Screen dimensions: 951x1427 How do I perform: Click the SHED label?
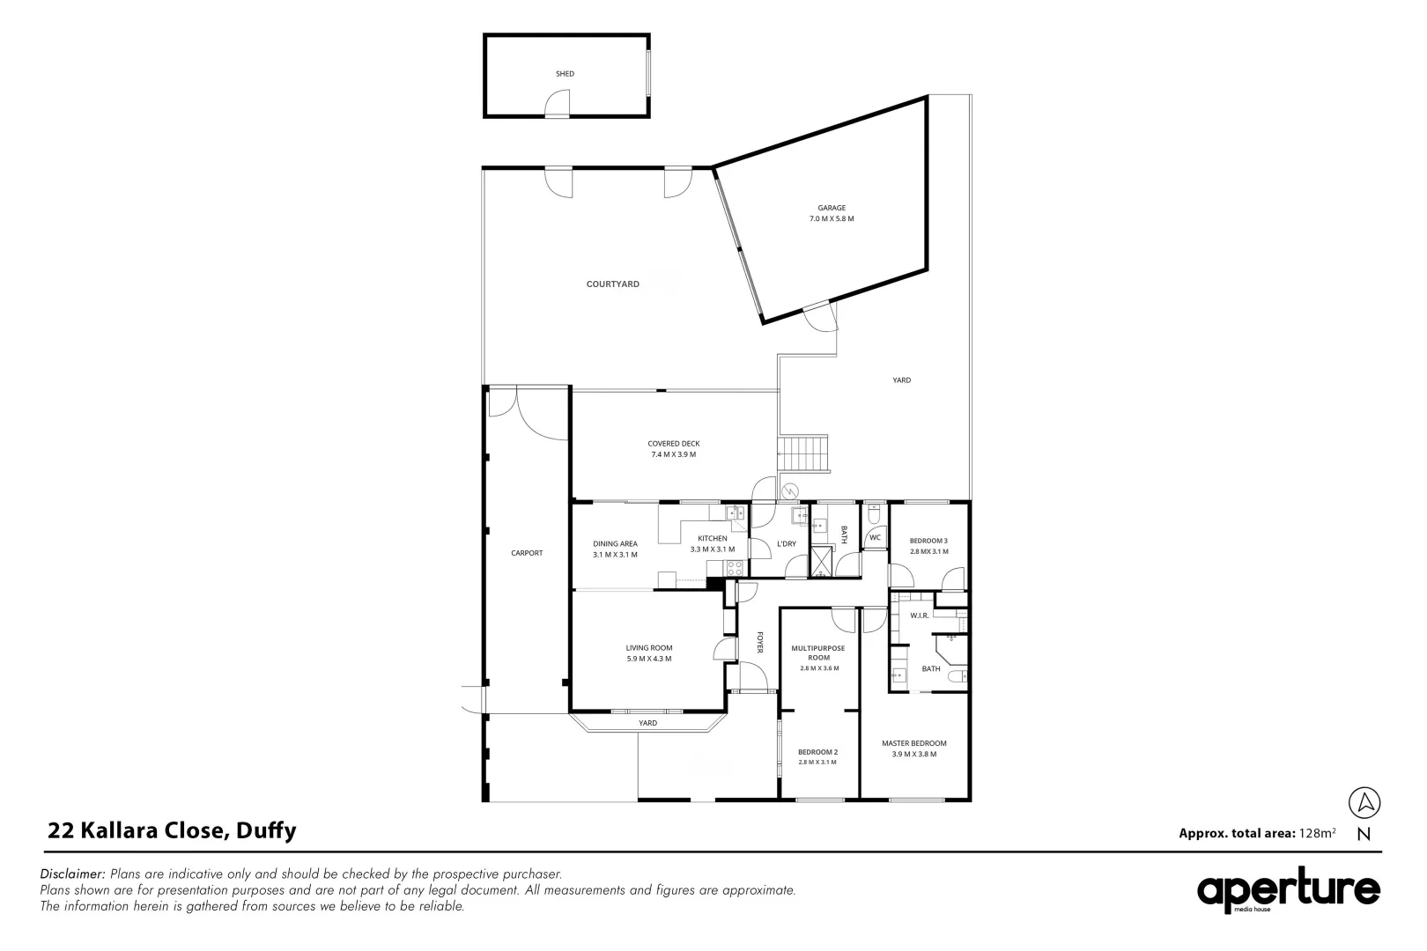(x=565, y=74)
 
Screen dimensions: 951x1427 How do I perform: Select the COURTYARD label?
(x=613, y=284)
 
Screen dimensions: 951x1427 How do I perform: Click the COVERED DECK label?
(x=673, y=444)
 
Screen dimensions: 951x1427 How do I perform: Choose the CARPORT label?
(x=527, y=553)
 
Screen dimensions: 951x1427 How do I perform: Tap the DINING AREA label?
(x=615, y=544)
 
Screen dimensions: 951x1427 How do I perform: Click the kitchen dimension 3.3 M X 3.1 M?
(x=712, y=549)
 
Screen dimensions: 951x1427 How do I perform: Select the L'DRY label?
(x=786, y=544)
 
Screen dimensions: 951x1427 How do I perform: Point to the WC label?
(x=875, y=537)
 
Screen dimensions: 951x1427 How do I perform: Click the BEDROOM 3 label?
(x=928, y=541)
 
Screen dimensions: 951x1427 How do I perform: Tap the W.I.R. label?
(x=920, y=616)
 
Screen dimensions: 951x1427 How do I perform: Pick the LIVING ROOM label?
(x=648, y=648)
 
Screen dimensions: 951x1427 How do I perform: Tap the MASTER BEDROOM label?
(x=913, y=743)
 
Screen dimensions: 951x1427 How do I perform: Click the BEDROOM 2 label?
(x=817, y=751)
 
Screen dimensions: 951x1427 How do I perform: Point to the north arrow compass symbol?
(x=1364, y=803)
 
